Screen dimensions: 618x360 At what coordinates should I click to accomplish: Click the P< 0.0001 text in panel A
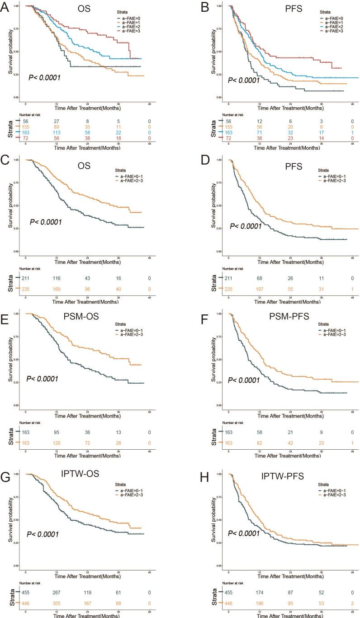(45, 78)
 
